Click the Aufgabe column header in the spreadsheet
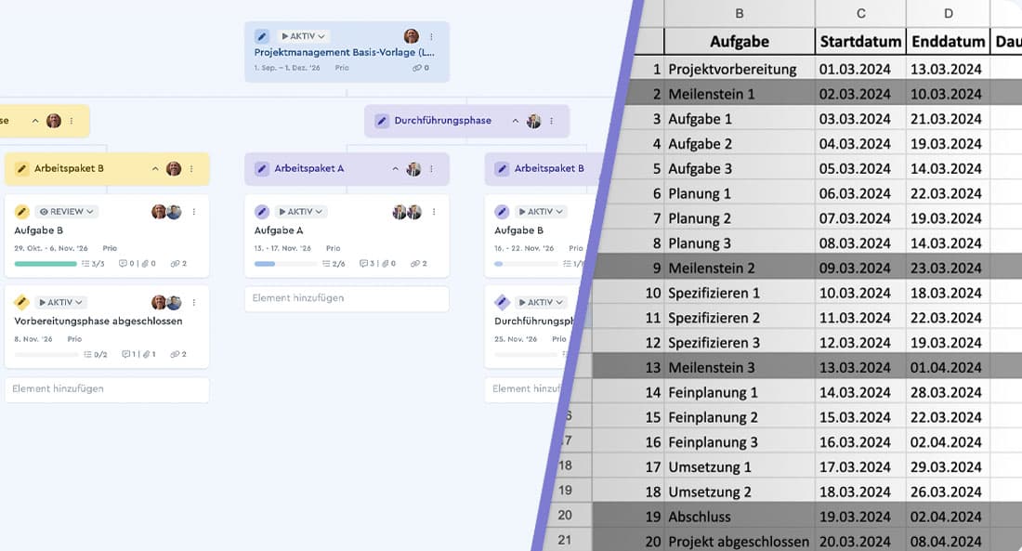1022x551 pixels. pyautogui.click(x=739, y=42)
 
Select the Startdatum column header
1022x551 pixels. pyautogui.click(x=860, y=42)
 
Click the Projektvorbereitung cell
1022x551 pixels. pyautogui.click(x=732, y=69)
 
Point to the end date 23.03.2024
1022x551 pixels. pyautogui.click(x=946, y=268)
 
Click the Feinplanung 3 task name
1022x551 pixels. pyautogui.click(x=713, y=442)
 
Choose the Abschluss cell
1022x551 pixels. pyautogui.click(x=700, y=517)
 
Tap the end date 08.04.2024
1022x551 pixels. pyautogui.click(x=946, y=542)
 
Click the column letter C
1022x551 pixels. pyautogui.click(x=860, y=13)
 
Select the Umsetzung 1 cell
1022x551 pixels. pyautogui.click(x=710, y=467)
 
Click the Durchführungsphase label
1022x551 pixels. pyautogui.click(x=442, y=121)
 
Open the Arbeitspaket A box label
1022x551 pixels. pyautogui.click(x=308, y=169)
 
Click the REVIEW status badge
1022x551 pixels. pyautogui.click(x=67, y=212)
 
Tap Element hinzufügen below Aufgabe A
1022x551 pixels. pyautogui.click(x=298, y=298)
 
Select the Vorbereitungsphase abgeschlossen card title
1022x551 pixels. pyautogui.click(x=98, y=321)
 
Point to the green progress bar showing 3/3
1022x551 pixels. pyautogui.click(x=46, y=264)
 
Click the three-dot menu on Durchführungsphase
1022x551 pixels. pyautogui.click(x=551, y=121)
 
